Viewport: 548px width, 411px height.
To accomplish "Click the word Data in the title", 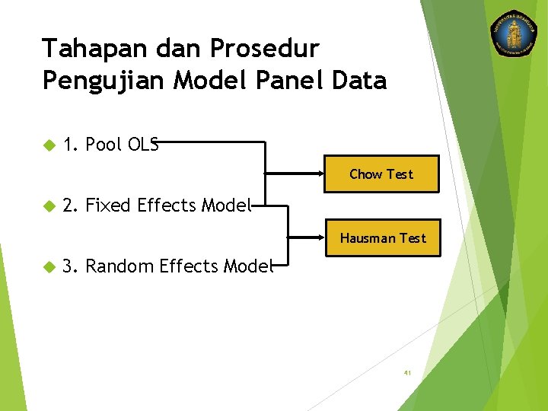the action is click(359, 80).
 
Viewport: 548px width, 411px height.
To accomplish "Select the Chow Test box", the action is click(381, 174).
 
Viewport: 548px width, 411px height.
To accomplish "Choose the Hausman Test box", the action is click(383, 238).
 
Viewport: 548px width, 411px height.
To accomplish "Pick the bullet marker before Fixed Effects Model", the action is click(49, 205).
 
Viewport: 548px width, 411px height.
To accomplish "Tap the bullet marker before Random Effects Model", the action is click(49, 266).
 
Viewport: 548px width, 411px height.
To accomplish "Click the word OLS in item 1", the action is click(143, 145).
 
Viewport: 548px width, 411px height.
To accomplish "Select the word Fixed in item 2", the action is click(108, 205).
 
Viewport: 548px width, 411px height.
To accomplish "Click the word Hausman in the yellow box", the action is click(368, 238).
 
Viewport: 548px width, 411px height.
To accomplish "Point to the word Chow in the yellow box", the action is click(365, 174).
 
